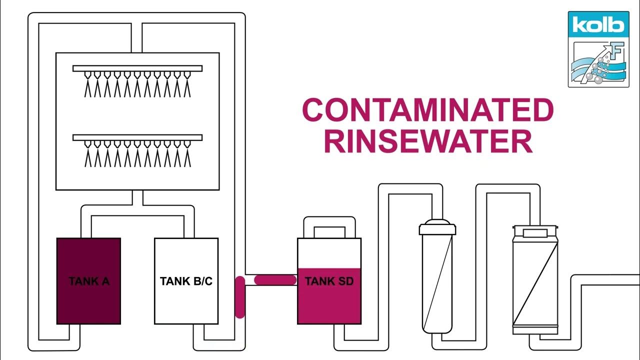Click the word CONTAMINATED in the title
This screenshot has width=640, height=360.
pyautogui.click(x=428, y=110)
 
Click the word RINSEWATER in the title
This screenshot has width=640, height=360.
pyautogui.click(x=428, y=141)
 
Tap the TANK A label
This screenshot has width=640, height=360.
pyautogui.click(x=89, y=281)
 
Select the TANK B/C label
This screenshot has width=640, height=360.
pyautogui.click(x=186, y=281)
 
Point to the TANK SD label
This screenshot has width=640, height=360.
pyautogui.click(x=329, y=281)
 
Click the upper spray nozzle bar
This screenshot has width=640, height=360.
pyautogui.click(x=137, y=68)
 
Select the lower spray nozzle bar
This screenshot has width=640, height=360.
pyautogui.click(x=137, y=137)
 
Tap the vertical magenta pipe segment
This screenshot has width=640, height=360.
pyautogui.click(x=240, y=297)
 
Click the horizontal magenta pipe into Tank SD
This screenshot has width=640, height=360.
pyautogui.click(x=275, y=280)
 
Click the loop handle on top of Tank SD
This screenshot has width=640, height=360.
pyautogui.click(x=329, y=225)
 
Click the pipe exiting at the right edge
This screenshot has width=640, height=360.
pyautogui.click(x=610, y=280)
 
